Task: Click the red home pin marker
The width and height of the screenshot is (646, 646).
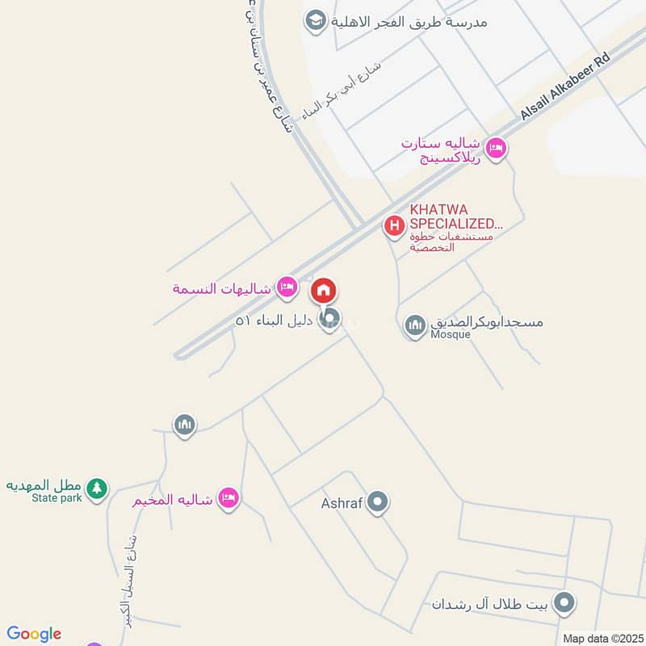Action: coord(324,291)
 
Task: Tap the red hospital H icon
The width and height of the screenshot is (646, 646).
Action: coord(394,226)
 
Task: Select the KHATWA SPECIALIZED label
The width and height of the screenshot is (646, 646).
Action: coord(455,216)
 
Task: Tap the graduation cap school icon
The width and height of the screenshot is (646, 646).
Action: coord(316,20)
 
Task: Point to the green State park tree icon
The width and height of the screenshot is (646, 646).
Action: coord(97,489)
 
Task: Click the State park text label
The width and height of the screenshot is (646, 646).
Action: coord(57,498)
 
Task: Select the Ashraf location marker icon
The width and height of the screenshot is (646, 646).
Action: coord(377,503)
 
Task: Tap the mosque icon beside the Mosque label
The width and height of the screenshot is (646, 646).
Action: coord(415,325)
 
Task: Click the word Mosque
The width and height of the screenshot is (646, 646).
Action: coord(451,334)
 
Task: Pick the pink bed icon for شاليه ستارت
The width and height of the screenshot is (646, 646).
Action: coord(496,149)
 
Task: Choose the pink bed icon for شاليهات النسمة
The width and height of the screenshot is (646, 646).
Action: coord(286,287)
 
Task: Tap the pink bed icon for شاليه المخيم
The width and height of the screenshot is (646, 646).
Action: coord(229,498)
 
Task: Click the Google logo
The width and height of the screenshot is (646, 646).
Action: coord(34,634)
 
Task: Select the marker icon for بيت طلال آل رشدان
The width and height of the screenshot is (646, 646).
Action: coord(567,602)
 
